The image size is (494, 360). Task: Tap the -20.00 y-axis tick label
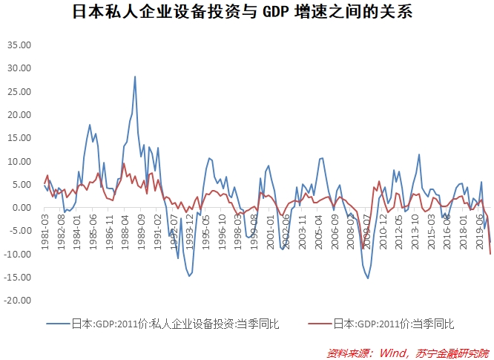point(18,301)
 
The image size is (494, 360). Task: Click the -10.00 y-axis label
point(18,254)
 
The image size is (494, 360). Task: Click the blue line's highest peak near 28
point(134,76)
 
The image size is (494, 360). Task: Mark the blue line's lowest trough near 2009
point(368,278)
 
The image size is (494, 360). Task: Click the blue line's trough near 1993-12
point(189,276)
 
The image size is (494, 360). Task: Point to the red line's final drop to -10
point(490,254)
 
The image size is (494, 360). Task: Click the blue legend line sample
point(57,324)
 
